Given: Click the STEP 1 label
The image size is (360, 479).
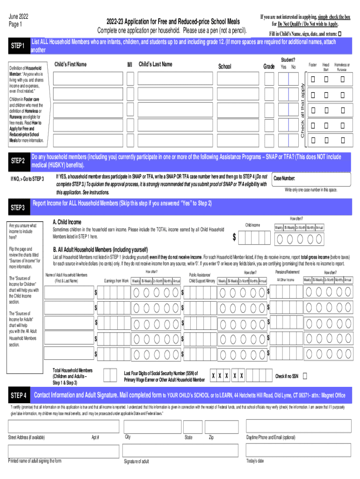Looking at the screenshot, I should [18, 46].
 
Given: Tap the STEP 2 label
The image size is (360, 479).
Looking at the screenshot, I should [18, 161].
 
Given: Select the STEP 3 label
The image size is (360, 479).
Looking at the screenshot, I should [18, 207].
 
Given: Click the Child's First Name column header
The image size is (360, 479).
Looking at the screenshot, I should [71, 64].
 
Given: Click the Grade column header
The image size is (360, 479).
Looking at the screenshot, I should [269, 66].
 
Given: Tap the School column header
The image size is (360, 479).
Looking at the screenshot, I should [225, 66].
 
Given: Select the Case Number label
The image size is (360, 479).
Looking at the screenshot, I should [284, 178].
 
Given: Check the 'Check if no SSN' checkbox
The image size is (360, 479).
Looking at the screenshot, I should [305, 376].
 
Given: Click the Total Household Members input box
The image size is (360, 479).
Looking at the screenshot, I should [110, 375].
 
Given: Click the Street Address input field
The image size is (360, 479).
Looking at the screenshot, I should [64, 426].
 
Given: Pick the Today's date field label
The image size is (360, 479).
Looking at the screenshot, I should [255, 461].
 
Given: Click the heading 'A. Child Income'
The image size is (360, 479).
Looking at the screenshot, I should [67, 222].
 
